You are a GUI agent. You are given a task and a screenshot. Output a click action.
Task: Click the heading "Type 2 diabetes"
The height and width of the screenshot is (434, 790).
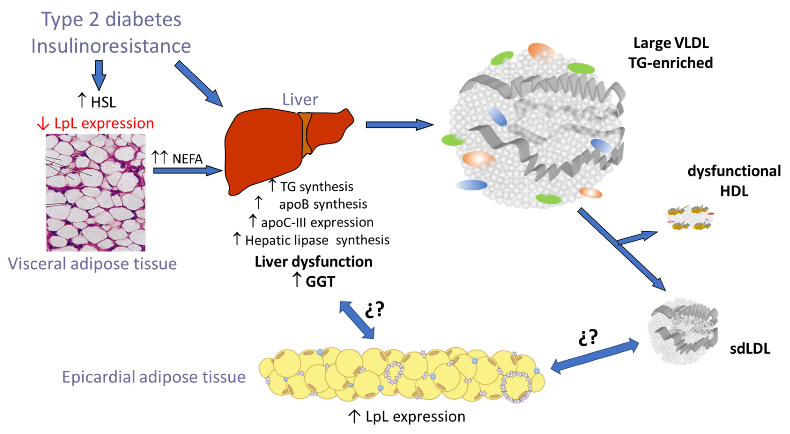[x=111, y=19]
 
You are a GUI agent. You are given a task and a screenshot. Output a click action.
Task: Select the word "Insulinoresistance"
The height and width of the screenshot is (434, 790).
[x=111, y=46]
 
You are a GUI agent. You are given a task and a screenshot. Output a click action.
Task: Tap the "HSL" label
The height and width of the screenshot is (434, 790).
[x=103, y=102]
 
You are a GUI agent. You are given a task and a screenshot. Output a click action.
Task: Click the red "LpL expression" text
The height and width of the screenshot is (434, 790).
[x=104, y=123]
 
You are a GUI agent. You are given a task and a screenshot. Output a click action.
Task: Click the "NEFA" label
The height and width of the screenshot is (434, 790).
[x=187, y=159]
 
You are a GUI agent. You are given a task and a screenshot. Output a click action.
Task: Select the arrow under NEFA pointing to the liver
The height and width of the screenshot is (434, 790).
[x=187, y=170]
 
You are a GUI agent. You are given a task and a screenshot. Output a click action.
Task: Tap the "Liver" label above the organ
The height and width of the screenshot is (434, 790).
[x=300, y=100]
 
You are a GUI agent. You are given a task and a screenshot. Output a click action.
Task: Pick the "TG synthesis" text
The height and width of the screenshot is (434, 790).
[x=316, y=187]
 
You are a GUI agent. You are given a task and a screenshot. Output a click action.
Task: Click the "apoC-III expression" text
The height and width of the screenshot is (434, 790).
[x=317, y=222]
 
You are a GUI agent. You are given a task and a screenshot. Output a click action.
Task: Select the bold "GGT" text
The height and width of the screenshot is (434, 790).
[x=320, y=281]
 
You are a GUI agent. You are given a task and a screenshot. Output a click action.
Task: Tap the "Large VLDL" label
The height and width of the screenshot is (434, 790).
[x=671, y=43]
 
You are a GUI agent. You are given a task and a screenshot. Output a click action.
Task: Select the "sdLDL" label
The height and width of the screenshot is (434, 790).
[x=750, y=349]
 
